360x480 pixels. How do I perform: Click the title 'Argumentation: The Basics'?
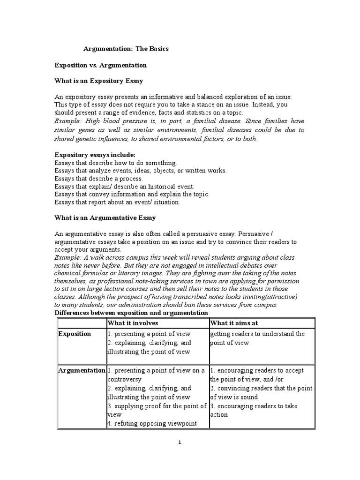(126, 49)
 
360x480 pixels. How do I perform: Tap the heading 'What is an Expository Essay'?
(99, 81)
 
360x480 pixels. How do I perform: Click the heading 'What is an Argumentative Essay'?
(105, 218)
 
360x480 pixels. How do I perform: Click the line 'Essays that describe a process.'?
(98, 179)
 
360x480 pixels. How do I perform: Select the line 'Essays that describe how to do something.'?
(116, 163)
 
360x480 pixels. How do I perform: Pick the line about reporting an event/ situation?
(117, 202)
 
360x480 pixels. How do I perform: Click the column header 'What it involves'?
(133, 323)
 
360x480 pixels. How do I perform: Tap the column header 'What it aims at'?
(234, 323)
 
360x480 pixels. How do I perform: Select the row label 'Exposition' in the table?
(75, 334)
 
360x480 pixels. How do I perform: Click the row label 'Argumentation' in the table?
(82, 370)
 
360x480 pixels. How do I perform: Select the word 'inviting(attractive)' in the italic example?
(270, 297)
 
